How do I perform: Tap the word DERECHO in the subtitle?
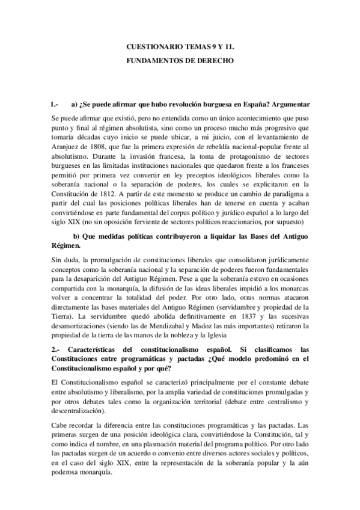216,61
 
